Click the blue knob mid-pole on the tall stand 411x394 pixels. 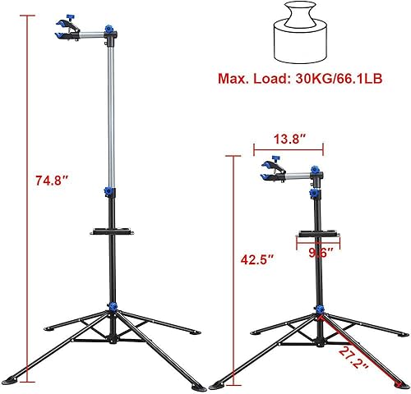(x=108, y=191)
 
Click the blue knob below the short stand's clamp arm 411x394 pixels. (x=314, y=194)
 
